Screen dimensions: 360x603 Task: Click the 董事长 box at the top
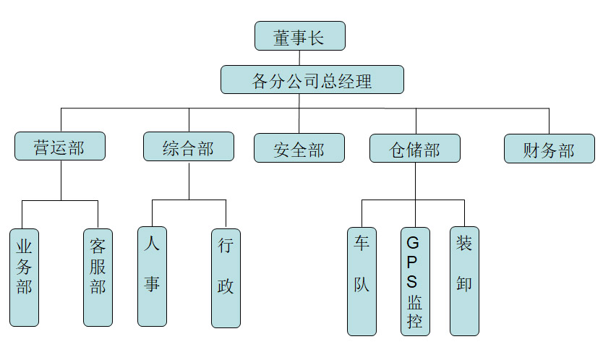point(299,36)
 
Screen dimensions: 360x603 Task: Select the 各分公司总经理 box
point(312,80)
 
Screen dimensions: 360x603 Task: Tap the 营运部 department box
point(59,147)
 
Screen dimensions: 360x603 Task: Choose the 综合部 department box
point(188,147)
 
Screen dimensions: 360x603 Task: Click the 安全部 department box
point(299,148)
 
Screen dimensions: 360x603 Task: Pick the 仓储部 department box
point(414,148)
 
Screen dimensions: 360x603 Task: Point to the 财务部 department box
point(549,149)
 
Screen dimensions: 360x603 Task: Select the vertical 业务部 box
point(24,278)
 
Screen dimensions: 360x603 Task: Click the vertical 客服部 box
point(98,278)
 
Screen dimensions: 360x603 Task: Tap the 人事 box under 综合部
point(152,277)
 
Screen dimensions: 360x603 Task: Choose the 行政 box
point(226,278)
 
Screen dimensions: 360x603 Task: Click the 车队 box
point(362,281)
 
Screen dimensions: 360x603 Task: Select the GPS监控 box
point(415,281)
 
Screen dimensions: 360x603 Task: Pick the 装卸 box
point(464,281)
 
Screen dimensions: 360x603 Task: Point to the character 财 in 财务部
point(531,150)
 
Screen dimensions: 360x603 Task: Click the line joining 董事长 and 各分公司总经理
point(299,58)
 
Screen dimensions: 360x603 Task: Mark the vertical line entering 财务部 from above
point(549,121)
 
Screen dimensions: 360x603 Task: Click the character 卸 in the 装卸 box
point(464,283)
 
